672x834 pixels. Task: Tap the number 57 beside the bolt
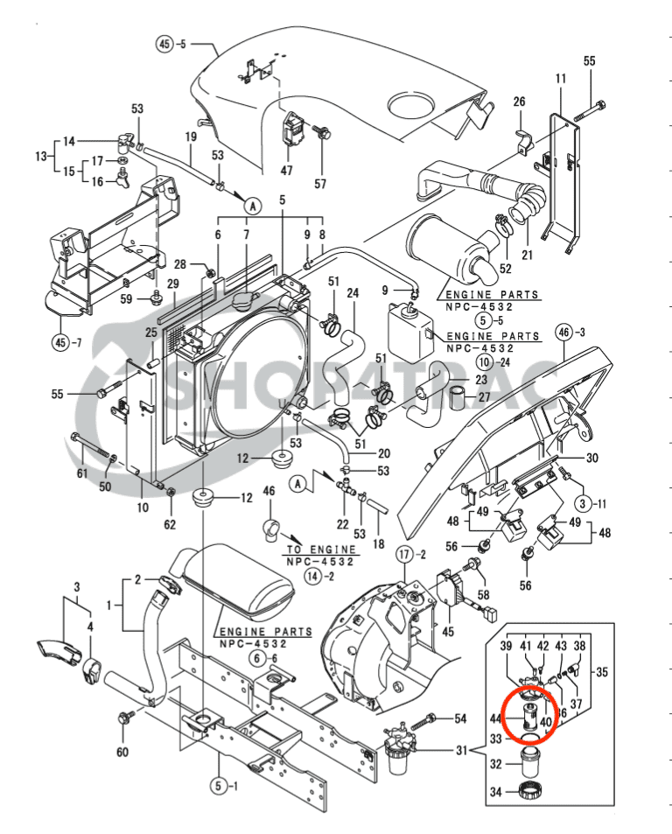(x=320, y=184)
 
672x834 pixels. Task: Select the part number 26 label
(x=519, y=102)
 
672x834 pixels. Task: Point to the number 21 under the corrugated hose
(x=527, y=255)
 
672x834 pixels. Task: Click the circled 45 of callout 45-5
(x=165, y=43)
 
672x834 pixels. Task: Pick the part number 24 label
(x=353, y=293)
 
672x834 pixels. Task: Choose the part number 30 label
(x=592, y=458)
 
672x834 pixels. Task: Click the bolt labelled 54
(x=432, y=719)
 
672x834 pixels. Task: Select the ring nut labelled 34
(x=529, y=793)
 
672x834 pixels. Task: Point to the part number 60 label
(x=122, y=753)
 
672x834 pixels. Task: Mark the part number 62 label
(x=170, y=524)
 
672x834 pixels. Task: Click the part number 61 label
(x=82, y=473)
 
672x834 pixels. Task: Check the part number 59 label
(x=126, y=299)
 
